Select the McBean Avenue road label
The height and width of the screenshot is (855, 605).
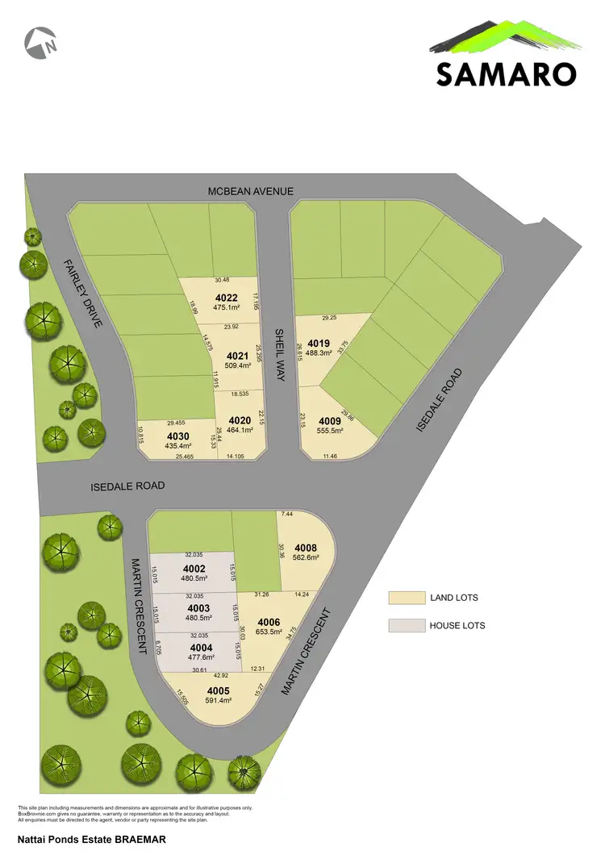(250, 191)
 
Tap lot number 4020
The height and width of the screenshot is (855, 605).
(240, 420)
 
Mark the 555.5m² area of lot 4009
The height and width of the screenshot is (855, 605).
(330, 432)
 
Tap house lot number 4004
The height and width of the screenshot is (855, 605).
(200, 647)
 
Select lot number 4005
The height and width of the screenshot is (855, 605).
(218, 690)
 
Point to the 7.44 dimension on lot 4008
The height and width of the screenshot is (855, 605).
(287, 514)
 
